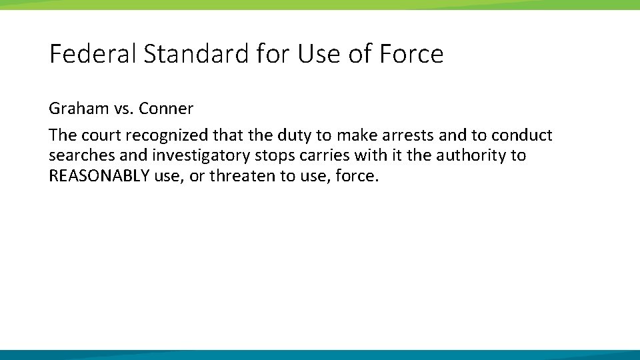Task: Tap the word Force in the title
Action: (411, 54)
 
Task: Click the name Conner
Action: (166, 109)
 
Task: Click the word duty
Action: (295, 135)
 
